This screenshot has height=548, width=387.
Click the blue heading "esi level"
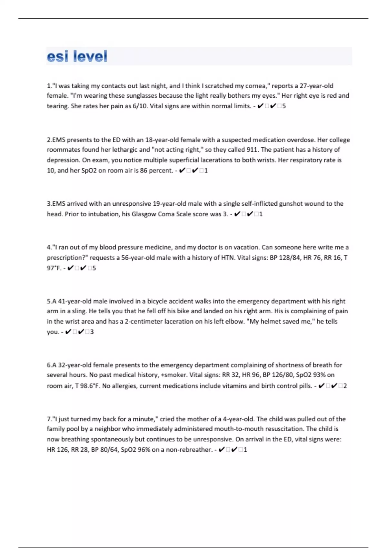coord(77,57)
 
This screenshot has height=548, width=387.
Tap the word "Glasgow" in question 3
coord(144,214)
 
